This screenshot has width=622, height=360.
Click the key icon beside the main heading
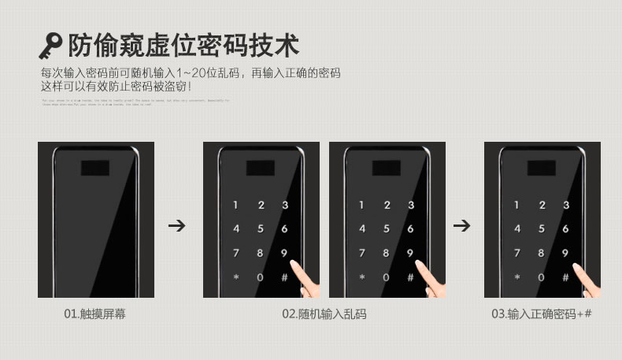(x=50, y=46)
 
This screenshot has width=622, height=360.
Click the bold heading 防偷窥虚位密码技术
(x=183, y=45)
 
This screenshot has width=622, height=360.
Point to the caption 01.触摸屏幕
(x=94, y=314)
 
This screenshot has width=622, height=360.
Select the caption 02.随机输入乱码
(x=324, y=314)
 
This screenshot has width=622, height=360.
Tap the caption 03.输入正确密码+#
(x=542, y=314)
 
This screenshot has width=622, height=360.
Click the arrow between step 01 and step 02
(x=178, y=226)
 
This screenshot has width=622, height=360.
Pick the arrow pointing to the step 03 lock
(x=463, y=226)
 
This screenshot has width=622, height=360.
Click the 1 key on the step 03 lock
(x=517, y=206)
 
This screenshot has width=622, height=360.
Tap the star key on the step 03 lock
(x=517, y=277)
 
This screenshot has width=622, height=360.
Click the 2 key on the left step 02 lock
(x=261, y=206)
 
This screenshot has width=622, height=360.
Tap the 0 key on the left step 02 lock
(x=261, y=277)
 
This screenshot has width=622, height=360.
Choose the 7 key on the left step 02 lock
(x=235, y=254)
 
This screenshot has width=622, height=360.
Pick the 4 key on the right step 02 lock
(x=361, y=229)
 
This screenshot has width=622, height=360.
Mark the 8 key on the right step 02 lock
(x=386, y=254)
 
